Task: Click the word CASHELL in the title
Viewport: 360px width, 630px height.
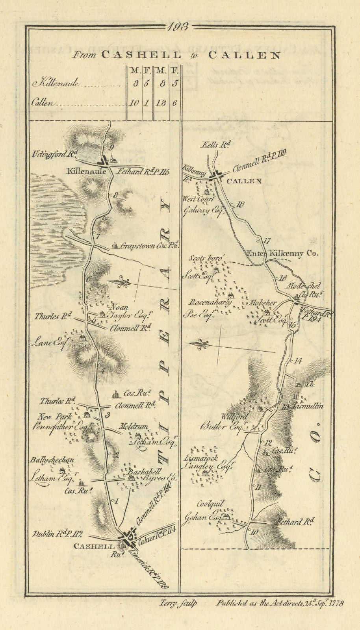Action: (141, 56)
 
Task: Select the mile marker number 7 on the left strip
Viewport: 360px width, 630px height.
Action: (94, 236)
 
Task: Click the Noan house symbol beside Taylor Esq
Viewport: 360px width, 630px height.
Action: (102, 314)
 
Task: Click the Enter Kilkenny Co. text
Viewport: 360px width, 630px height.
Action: (282, 254)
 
